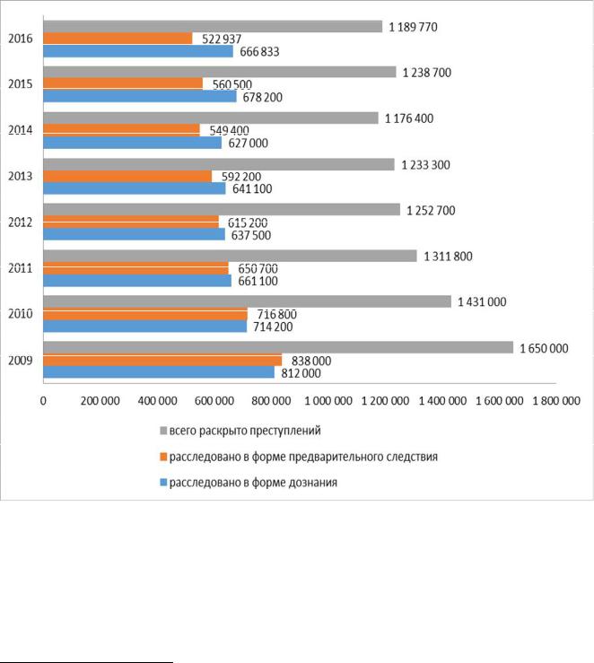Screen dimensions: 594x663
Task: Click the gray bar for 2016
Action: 213,26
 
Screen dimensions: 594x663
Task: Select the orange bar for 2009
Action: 162,361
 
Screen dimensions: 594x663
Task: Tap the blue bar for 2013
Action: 135,188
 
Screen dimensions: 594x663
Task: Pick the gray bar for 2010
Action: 248,301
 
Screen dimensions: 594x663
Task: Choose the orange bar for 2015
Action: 123,83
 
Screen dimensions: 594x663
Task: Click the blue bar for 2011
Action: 137,281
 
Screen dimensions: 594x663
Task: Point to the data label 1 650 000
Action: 544,348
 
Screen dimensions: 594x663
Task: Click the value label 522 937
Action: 222,39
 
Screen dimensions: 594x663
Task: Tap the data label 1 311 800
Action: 448,257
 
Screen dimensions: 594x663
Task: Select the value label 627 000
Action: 249,144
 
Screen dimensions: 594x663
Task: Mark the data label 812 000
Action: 301,373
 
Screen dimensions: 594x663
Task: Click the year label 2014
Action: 21,130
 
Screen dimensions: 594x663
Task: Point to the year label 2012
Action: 21,222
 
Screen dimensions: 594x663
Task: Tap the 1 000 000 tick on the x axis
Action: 328,401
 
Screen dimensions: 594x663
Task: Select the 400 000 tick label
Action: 157,401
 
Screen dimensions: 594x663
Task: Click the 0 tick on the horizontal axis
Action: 43,401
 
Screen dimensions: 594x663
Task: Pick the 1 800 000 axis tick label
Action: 556,401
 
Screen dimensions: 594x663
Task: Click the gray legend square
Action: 163,431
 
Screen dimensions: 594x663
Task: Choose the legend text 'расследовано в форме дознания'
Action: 253,483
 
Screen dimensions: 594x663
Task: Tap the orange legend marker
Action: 163,457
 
